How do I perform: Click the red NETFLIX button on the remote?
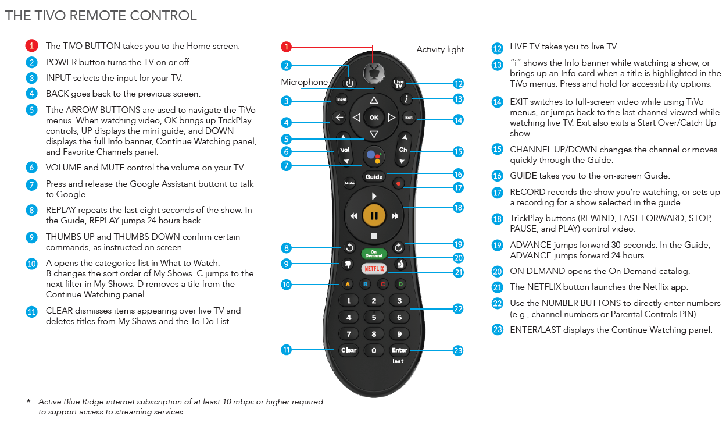[374, 269]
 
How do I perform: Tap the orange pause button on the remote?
[374, 216]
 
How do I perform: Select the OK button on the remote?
[374, 118]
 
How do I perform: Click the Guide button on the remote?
[374, 176]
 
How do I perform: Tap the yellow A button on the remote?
[348, 284]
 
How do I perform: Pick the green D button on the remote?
[400, 284]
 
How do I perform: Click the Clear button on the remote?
[349, 350]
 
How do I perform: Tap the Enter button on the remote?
[399, 350]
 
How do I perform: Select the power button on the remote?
[349, 84]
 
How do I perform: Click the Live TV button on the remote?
[399, 84]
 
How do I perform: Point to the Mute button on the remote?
[349, 183]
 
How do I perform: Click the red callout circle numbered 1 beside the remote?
[286, 47]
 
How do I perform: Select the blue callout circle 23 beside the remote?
[458, 350]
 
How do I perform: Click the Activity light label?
[440, 49]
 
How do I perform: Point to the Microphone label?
[304, 82]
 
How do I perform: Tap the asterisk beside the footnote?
[28, 401]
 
